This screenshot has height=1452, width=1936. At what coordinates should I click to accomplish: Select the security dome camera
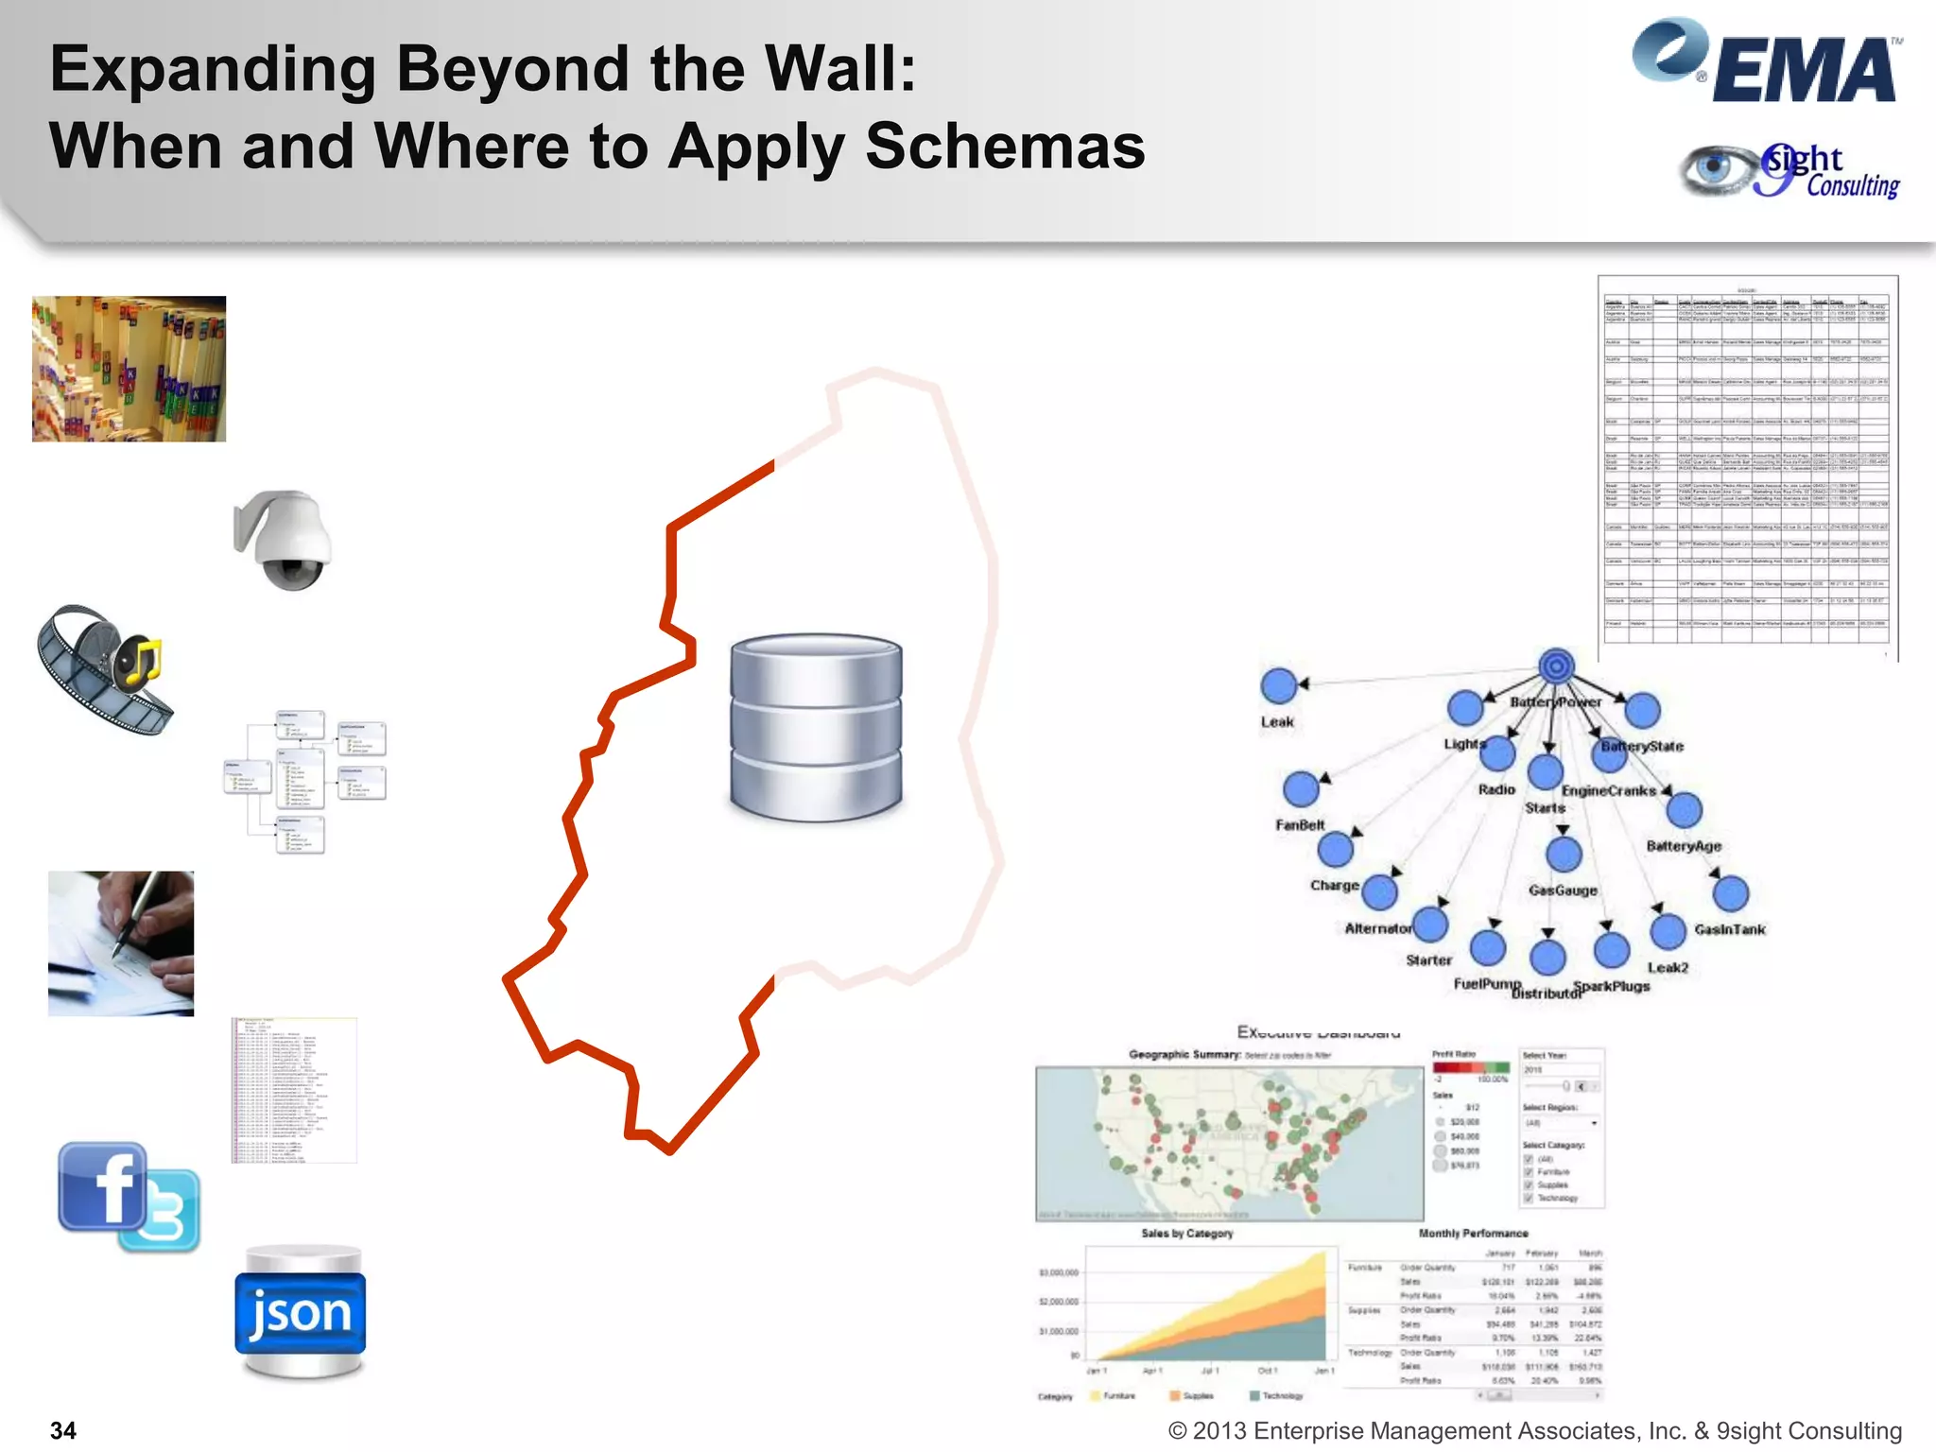[284, 540]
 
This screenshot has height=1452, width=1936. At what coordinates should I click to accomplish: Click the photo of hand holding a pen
[121, 943]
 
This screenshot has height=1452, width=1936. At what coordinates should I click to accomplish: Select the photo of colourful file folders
[129, 369]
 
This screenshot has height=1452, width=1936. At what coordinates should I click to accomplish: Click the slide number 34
[62, 1430]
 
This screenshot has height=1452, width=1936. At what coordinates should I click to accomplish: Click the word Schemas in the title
[1005, 147]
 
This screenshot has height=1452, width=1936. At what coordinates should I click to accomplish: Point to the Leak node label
[1276, 722]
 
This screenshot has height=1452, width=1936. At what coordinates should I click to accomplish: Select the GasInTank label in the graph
[1729, 929]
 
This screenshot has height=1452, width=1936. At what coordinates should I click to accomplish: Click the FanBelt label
[1300, 825]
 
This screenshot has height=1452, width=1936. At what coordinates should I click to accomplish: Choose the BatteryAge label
[1684, 846]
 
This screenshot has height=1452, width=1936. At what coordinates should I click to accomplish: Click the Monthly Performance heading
[1473, 1234]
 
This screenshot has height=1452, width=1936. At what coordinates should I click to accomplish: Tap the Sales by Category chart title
[1186, 1234]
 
